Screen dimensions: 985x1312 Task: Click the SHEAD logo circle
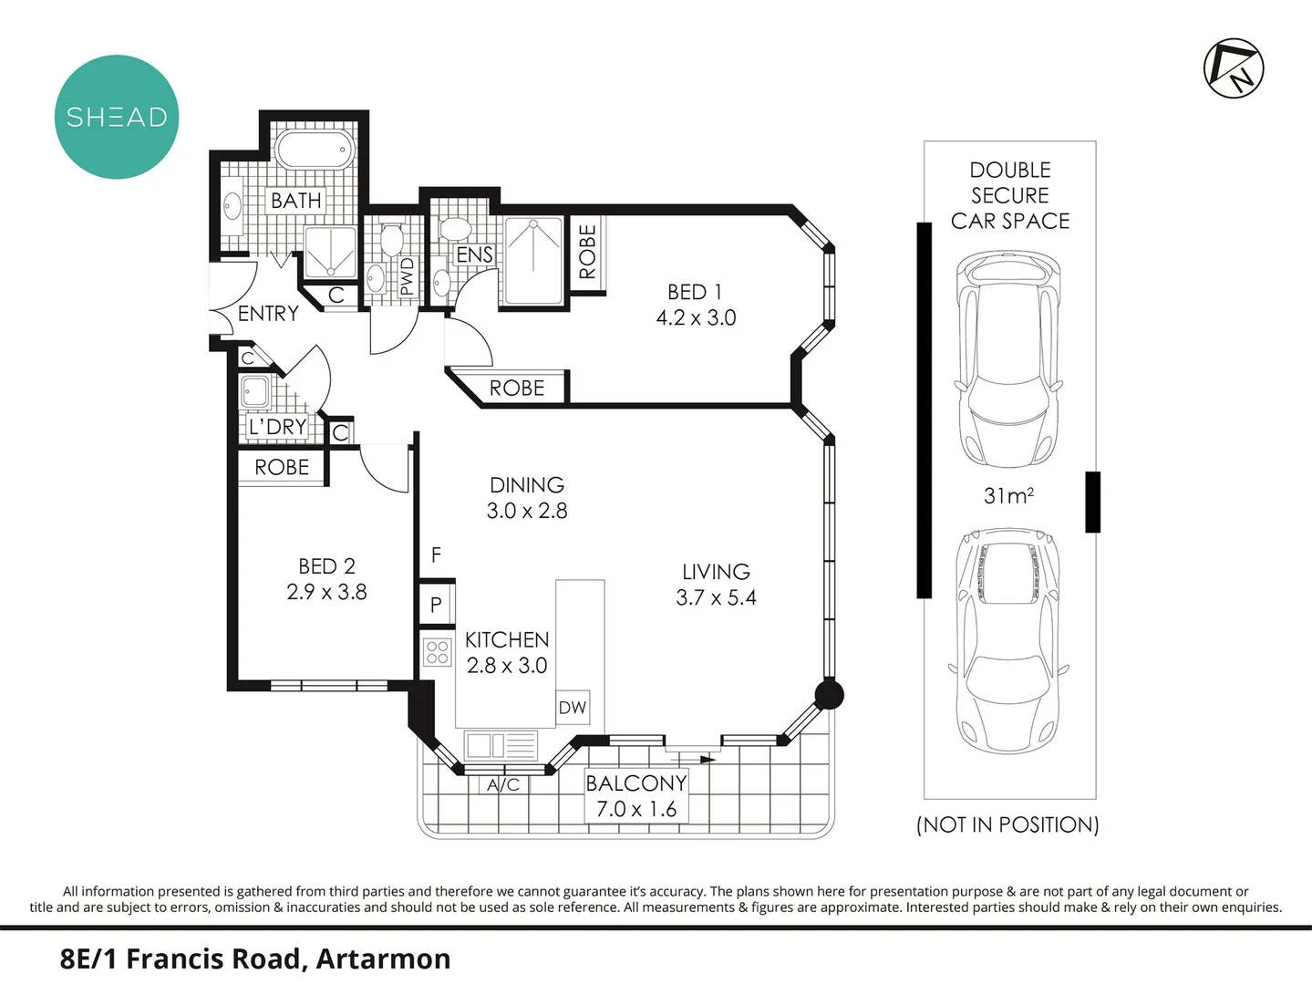pyautogui.click(x=117, y=117)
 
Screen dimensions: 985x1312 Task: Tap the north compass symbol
pyautogui.click(x=1234, y=68)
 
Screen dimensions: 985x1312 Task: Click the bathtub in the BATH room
pyautogui.click(x=314, y=149)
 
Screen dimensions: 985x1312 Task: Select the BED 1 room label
pyautogui.click(x=695, y=292)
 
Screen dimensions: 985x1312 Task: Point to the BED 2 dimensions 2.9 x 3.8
pyautogui.click(x=326, y=592)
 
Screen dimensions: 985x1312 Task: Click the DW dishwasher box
pyautogui.click(x=573, y=708)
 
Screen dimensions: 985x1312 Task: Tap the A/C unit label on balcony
pyautogui.click(x=502, y=784)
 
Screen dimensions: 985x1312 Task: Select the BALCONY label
pyautogui.click(x=635, y=783)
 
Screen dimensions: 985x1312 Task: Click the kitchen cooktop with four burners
pyautogui.click(x=438, y=651)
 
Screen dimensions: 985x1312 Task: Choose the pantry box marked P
pyautogui.click(x=436, y=604)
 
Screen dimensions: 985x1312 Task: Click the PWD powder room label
pyautogui.click(x=407, y=276)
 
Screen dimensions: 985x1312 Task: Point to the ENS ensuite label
pyautogui.click(x=474, y=255)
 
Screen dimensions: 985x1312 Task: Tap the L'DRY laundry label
pyautogui.click(x=277, y=427)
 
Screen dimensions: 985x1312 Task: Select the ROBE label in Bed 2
pyautogui.click(x=282, y=467)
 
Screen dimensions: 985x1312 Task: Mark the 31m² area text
pyautogui.click(x=1007, y=496)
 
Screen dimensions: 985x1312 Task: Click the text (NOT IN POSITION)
pyautogui.click(x=1007, y=824)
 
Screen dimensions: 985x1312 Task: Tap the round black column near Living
pyautogui.click(x=828, y=695)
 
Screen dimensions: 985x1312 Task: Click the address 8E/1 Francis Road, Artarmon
pyautogui.click(x=255, y=959)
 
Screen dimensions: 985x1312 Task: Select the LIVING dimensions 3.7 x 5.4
pyautogui.click(x=716, y=598)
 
